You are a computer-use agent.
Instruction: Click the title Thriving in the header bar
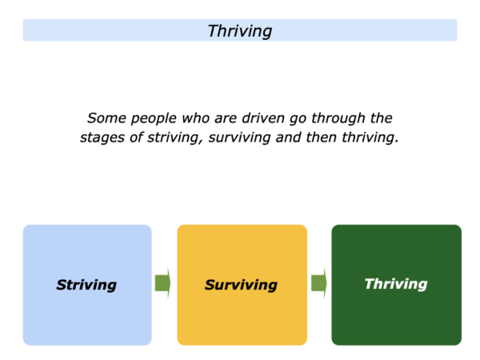coord(240,31)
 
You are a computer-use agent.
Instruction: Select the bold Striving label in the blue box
coord(86,285)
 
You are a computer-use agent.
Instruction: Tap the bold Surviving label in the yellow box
coord(242,285)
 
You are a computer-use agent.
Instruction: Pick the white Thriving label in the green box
coord(396,284)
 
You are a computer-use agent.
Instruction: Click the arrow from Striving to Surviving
coord(163,283)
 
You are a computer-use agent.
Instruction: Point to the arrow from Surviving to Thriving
coord(319,283)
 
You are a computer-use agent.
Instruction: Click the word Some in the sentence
coord(106,118)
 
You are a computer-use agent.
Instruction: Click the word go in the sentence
coord(298,120)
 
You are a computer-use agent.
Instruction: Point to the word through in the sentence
coord(338,119)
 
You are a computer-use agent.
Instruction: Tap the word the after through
coord(381,118)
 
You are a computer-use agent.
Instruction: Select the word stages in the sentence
coord(102,138)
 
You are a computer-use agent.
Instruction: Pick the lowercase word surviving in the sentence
coord(239,138)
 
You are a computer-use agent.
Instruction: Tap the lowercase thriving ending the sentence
coord(370,138)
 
